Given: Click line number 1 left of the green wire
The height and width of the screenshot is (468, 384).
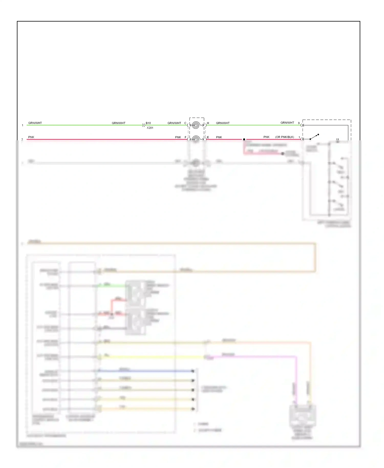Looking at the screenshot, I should point(23,125).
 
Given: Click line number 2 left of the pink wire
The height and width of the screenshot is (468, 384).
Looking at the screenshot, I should point(22,139).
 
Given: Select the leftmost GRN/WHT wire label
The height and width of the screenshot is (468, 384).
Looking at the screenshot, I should point(35,123).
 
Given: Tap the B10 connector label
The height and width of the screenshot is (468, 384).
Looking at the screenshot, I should point(148,123).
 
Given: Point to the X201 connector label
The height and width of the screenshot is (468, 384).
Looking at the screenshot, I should point(150,128).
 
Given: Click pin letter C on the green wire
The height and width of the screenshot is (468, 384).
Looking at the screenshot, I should point(185,123).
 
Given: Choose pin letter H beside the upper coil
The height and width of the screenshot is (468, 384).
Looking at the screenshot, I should point(208,123).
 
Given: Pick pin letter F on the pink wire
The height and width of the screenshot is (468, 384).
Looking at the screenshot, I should point(186,137).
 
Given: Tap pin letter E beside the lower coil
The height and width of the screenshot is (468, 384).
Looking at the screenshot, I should point(208,137).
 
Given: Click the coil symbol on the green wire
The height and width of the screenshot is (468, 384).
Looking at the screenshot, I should point(196,125).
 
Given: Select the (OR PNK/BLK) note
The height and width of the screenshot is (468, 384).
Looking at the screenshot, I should point(284,137).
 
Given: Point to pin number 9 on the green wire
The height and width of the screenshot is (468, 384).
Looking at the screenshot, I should point(299,123).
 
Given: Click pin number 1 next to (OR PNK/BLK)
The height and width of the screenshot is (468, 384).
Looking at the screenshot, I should point(299,137).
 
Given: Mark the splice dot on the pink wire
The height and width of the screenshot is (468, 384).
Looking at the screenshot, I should point(244,139).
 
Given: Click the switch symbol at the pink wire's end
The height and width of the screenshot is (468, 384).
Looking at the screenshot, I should point(314,136).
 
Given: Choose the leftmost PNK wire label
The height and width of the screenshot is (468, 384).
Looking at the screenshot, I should point(31,137).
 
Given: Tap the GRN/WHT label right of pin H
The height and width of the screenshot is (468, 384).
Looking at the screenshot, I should point(223,123).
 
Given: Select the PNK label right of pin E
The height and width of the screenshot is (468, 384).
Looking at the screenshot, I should point(219,137).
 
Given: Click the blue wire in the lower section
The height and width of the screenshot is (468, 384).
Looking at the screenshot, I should point(146,371).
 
